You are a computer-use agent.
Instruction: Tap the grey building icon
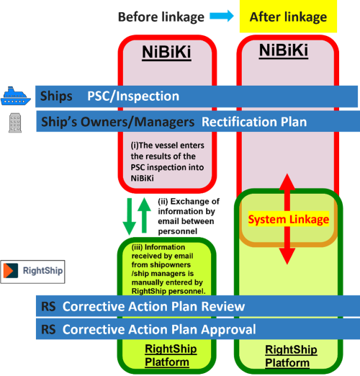click(x=14, y=122)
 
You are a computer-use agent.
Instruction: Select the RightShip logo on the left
click(x=32, y=272)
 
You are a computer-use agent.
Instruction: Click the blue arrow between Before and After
click(x=222, y=16)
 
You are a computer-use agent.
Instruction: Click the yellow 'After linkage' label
click(x=287, y=17)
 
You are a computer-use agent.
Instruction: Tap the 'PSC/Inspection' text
click(x=133, y=96)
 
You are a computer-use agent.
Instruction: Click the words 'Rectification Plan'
click(x=253, y=122)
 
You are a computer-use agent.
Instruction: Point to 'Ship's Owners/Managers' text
click(x=117, y=122)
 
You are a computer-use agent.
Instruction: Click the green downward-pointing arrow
click(x=130, y=214)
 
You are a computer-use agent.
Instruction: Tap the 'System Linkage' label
click(x=288, y=219)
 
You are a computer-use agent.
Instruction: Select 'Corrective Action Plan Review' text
click(x=153, y=306)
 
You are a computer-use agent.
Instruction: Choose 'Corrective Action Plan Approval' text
click(x=158, y=330)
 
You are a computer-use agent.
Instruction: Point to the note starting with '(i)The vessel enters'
click(x=167, y=156)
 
